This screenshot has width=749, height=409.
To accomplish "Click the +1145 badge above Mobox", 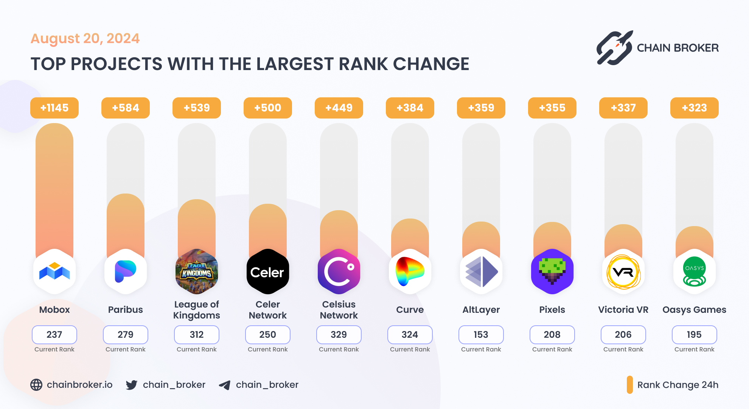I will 54,108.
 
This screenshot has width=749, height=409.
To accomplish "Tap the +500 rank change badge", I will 268,108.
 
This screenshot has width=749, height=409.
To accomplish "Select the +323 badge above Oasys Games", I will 694,108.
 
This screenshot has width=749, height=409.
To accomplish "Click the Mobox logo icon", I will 54,272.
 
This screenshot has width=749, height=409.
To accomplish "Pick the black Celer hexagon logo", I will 268,272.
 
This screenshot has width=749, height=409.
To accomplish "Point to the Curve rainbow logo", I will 410,272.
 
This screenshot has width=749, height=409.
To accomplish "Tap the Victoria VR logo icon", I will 623,272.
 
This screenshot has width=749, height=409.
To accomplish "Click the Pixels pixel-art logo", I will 552,272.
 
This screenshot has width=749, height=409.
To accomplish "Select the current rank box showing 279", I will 126,334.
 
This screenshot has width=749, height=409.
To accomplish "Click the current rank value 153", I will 481,334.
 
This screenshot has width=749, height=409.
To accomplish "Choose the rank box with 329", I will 339,334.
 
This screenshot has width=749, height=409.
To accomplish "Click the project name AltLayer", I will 481,310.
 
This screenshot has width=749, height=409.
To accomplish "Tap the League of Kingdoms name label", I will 197,310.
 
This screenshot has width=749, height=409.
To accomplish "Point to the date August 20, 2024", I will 85,39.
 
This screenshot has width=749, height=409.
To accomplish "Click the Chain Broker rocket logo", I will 615,48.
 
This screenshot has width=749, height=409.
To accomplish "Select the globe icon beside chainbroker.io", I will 36,385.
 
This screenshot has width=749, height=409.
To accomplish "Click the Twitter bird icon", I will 132,385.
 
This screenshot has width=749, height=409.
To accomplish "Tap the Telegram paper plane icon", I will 225,385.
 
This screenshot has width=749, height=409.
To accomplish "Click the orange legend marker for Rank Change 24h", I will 629,385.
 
